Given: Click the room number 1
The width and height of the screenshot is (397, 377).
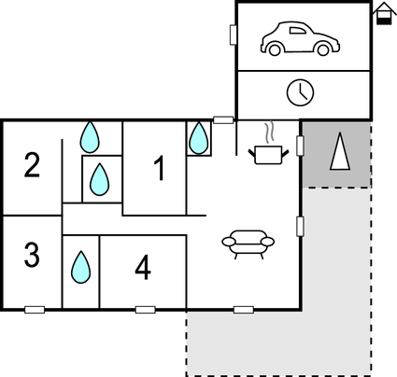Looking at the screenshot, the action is tap(160, 168).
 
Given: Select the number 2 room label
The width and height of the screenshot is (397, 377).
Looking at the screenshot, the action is tap(32, 165).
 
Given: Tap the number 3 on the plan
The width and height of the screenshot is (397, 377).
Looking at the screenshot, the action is tap(32, 255).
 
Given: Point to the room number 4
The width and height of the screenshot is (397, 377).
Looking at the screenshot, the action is tap(143, 268).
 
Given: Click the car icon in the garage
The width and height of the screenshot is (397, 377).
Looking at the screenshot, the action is tap(300, 38).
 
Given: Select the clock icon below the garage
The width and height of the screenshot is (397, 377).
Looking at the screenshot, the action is tap(300, 92).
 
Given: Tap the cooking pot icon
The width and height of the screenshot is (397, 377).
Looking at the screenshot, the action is tap(268, 155).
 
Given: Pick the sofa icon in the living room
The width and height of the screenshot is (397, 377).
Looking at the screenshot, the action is tap(248, 244).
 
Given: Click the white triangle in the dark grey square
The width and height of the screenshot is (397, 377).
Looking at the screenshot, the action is tap(340, 151).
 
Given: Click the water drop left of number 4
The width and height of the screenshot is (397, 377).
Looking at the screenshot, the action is tap(81, 267).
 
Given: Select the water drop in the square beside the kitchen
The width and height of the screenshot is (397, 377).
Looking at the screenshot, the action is tap(199, 138).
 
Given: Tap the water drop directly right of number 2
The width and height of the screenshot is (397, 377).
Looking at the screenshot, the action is tap(90, 137).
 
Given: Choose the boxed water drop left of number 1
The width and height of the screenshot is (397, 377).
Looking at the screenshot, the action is tap(99, 179).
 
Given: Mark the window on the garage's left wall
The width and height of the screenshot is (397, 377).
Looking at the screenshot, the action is tap(234, 35).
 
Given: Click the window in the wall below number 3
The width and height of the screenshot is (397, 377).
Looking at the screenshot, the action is tap(35, 310).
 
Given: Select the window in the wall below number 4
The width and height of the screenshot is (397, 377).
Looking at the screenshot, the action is tap(146, 310).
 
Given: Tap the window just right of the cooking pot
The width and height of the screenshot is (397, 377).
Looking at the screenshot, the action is tap(300, 146).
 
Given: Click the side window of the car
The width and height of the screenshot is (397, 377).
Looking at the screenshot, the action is tap(297, 30).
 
